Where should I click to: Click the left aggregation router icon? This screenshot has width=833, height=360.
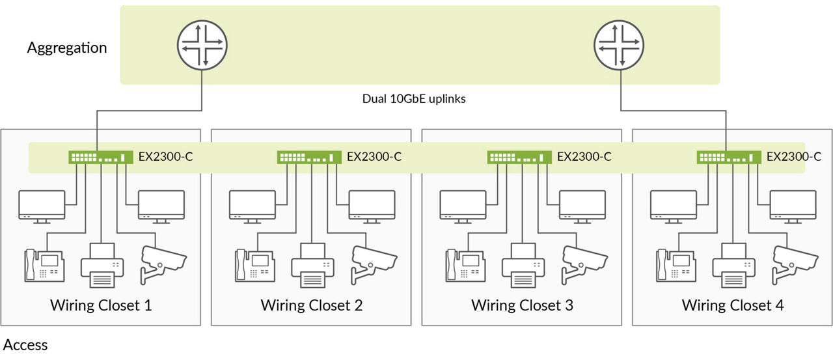(x=202, y=45)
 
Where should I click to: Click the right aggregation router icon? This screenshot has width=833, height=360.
(x=619, y=45)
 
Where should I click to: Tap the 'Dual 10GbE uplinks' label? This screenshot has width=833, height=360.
(x=414, y=99)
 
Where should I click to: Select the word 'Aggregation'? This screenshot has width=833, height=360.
(x=67, y=48)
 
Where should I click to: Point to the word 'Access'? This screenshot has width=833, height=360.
(x=25, y=345)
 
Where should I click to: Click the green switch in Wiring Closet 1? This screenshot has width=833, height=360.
(x=101, y=157)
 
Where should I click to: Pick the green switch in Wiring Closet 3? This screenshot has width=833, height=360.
(x=519, y=157)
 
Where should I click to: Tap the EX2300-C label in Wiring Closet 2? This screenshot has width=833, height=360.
(x=374, y=157)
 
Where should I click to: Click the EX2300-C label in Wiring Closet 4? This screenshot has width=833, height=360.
(x=794, y=157)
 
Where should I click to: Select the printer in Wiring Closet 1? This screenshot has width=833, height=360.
(x=102, y=266)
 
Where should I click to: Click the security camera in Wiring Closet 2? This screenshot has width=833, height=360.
(x=374, y=264)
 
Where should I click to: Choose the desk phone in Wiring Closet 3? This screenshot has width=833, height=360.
(x=465, y=266)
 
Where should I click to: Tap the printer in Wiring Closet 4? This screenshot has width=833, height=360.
(x=733, y=266)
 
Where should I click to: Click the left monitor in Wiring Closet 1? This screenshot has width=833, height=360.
(x=42, y=207)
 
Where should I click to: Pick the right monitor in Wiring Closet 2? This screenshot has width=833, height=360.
(x=372, y=207)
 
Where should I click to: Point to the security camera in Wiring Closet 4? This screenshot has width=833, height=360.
(x=795, y=264)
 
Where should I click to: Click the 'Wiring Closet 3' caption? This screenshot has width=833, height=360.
(x=522, y=305)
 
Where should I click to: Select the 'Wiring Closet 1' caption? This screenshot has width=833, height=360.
(x=101, y=305)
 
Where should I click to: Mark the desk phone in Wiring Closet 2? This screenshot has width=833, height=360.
(x=255, y=266)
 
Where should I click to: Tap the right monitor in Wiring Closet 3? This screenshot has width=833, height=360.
(x=582, y=207)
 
